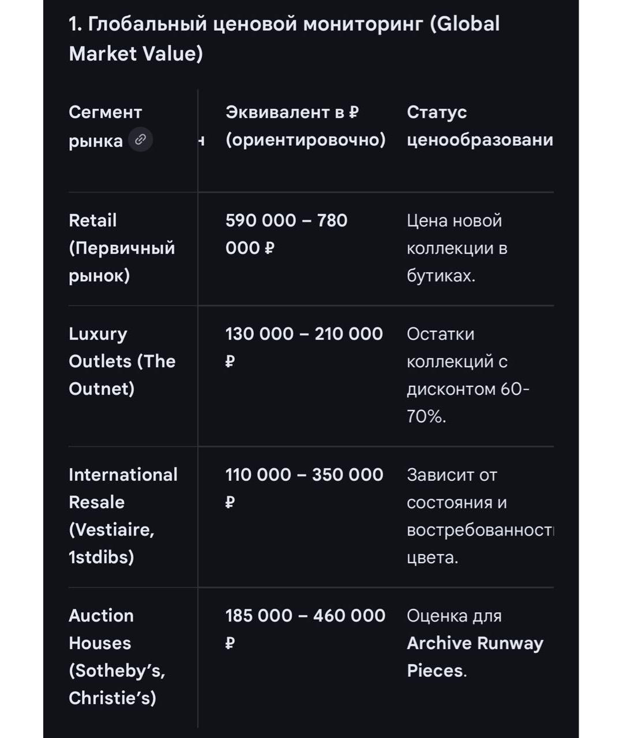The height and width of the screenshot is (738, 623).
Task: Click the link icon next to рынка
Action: (x=140, y=140)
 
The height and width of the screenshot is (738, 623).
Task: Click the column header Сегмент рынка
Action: (x=105, y=126)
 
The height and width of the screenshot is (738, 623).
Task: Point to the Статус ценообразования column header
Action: (x=479, y=126)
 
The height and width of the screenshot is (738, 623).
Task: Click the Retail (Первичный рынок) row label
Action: (x=121, y=248)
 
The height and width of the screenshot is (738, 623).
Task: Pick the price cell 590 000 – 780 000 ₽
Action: (x=286, y=234)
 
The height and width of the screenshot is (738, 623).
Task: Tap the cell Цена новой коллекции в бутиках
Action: (x=456, y=248)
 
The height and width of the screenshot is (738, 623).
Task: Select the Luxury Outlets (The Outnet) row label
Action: (x=122, y=361)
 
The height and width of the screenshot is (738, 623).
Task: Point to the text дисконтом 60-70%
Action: (x=467, y=402)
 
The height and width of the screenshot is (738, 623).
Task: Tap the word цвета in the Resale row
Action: (x=432, y=558)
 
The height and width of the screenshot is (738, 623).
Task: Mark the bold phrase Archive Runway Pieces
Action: (x=474, y=657)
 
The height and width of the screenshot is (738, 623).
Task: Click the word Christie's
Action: (x=112, y=698)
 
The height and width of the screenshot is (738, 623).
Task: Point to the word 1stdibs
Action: (x=101, y=558)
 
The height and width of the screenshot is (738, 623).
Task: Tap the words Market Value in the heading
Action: (x=136, y=54)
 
